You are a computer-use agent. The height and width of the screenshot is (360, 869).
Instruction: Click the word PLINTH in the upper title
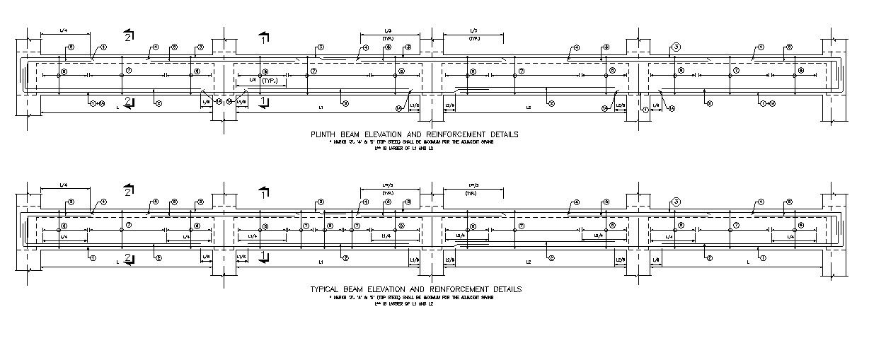tap(321, 134)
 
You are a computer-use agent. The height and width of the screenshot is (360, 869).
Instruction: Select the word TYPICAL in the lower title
tap(326, 289)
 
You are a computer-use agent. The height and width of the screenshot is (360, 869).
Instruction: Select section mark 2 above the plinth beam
tap(127, 36)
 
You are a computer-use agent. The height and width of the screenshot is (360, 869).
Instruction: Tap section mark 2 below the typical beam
tap(127, 257)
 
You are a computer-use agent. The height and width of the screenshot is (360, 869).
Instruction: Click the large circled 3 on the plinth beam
tap(676, 47)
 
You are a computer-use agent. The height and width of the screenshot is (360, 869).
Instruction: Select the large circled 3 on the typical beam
tap(676, 202)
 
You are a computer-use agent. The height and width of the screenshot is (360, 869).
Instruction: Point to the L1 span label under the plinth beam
tap(320, 108)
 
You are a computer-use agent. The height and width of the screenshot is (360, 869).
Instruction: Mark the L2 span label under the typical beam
tap(528, 262)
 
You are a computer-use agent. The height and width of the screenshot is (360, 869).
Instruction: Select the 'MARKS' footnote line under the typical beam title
tap(415, 297)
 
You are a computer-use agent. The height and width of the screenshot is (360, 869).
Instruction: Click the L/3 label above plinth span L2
tap(473, 31)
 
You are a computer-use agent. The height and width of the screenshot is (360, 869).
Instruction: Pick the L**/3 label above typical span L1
tap(388, 186)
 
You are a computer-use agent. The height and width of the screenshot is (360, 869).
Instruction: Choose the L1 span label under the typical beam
tap(320, 262)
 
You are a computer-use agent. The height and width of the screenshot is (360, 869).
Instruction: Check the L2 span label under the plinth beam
tap(528, 108)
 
